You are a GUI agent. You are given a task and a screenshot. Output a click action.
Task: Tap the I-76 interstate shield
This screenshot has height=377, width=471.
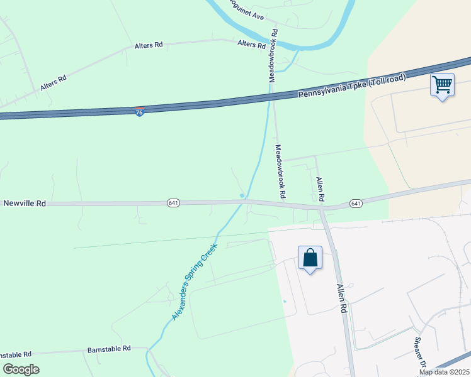coord(140,111)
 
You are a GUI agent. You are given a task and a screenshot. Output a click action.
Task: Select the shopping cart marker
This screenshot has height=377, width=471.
coord(442,85)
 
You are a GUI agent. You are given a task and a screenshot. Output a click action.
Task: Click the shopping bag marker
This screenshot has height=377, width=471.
coord(310,258)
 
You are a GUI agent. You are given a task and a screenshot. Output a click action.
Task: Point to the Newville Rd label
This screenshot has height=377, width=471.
coord(25,204)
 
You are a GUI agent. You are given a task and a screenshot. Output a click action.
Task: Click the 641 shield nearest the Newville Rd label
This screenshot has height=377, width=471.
coord(174,203)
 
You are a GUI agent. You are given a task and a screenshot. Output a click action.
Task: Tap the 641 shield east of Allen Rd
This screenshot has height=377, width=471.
coord(356,203)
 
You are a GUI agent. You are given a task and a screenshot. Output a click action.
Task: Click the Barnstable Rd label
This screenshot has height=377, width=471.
coord(109,348)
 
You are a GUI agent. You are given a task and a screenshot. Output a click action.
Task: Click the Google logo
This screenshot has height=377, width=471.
coord(21,369)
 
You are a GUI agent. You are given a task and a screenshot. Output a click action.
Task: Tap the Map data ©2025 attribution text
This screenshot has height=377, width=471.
coord(445,372)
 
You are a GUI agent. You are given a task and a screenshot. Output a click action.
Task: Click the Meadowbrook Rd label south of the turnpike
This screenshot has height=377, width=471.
coord(280,172)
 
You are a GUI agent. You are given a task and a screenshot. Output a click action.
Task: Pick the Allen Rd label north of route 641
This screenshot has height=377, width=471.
coord(321,188)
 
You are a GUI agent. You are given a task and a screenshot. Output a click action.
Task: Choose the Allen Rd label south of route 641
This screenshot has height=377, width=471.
coord(341,298)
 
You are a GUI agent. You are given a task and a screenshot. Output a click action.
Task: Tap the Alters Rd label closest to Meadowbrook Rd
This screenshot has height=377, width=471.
coord(251,44)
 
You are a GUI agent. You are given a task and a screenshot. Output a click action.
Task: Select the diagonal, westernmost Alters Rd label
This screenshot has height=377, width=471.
coord(53,84)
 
